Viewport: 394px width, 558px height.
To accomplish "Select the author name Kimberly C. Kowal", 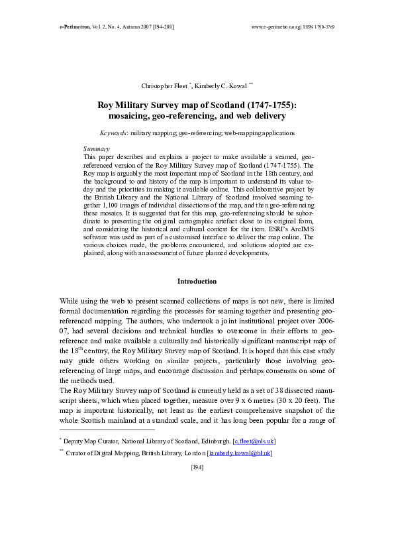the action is pos(222,87).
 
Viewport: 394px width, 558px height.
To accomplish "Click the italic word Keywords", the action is pos(113,133).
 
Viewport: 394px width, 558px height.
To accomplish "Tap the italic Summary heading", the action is pos(96,149).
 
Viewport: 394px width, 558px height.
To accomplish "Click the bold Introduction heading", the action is pos(197,281).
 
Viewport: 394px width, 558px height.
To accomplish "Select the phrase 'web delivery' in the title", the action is pos(258,116).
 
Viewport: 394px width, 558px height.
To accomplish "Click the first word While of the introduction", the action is pos(70,300).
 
